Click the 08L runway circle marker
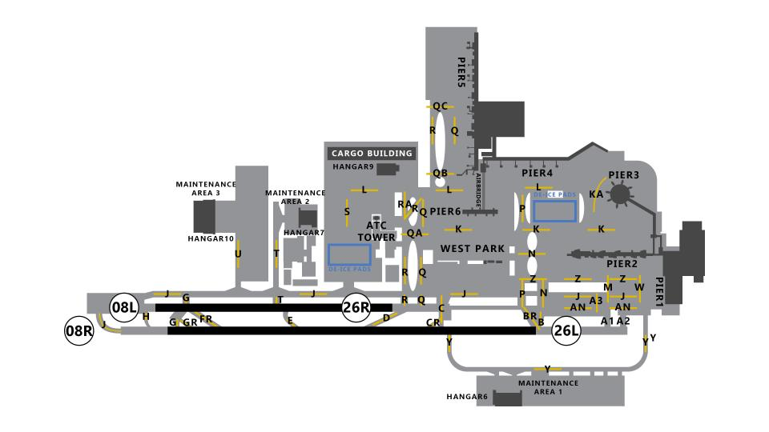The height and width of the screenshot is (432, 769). tap(125, 307)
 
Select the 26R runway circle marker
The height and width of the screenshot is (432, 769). tap(356, 307)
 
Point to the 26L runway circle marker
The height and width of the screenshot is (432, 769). tap(566, 330)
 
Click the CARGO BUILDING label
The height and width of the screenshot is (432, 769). tap(372, 154)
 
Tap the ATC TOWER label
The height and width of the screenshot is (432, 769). tap(376, 231)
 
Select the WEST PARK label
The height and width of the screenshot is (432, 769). tap(473, 249)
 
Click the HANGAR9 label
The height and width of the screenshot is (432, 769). tap(353, 167)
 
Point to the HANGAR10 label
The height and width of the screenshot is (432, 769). tap(211, 238)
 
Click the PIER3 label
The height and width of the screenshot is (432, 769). tap(624, 175)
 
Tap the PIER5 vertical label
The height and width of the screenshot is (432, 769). tap(462, 72)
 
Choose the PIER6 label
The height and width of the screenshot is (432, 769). tap(445, 211)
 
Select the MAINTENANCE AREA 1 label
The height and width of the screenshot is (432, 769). tap(548, 387)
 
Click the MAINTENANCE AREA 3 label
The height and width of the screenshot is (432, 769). tap(206, 189)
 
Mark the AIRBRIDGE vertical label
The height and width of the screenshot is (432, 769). tap(479, 191)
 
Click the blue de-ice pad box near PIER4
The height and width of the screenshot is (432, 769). tap(555, 210)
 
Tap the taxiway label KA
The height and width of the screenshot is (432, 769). tap(596, 194)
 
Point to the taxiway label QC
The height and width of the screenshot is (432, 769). tap(440, 106)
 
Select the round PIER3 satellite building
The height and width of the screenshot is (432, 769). tap(620, 194)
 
